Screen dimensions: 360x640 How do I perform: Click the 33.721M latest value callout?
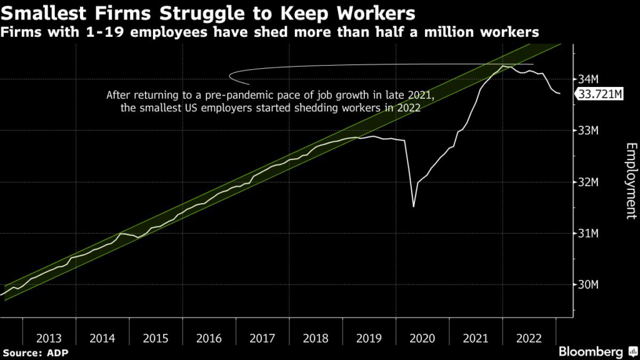click(x=601, y=94)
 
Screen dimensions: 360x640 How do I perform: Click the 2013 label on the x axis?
click(x=49, y=338)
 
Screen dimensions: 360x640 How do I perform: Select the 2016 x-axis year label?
click(x=209, y=338)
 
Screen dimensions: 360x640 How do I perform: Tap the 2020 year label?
click(x=422, y=338)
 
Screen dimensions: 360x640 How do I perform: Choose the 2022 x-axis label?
click(x=529, y=338)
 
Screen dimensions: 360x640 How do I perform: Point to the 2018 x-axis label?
click(x=316, y=338)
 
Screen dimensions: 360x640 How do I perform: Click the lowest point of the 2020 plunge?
click(x=414, y=206)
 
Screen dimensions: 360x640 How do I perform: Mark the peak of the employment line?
click(x=503, y=66)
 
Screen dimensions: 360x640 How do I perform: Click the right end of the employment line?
click(x=560, y=94)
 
